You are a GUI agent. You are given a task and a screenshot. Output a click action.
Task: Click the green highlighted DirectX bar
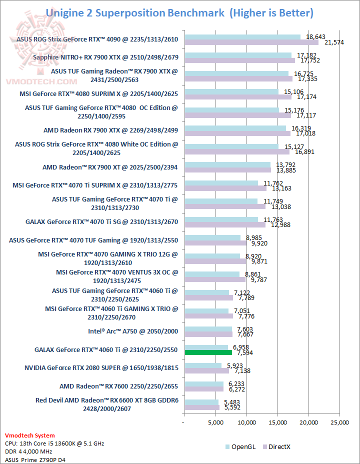click(x=208, y=352)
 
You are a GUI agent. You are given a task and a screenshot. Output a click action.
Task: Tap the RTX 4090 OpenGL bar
click(x=242, y=36)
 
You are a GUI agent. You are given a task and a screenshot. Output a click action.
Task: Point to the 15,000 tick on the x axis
click(x=277, y=422)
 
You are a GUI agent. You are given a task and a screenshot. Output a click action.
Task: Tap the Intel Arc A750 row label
click(x=133, y=331)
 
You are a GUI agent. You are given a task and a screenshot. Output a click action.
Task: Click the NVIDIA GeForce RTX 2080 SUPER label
click(x=101, y=368)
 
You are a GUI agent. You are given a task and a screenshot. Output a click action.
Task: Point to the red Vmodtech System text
click(x=29, y=435)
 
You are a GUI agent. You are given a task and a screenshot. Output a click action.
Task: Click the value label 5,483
click(x=230, y=402)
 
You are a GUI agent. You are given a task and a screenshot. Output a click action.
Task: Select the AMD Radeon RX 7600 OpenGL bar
click(x=204, y=384)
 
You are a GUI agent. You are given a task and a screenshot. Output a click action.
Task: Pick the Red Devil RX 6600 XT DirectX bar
click(x=202, y=407)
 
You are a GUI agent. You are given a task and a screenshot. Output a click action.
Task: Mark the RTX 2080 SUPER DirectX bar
click(x=206, y=371)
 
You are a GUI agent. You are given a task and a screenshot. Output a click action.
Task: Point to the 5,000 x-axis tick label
click(x=215, y=422)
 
